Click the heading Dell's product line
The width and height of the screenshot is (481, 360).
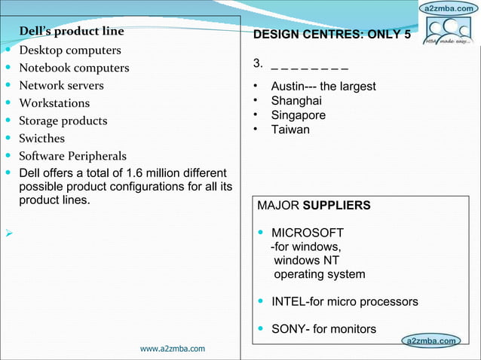tap(72, 32)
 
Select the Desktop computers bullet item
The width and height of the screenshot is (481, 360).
tap(69, 50)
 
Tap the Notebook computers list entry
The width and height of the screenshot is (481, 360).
tap(74, 68)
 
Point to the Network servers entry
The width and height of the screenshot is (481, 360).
tap(61, 85)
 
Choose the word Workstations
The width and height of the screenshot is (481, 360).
tap(54, 103)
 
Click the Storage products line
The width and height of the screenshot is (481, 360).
tap(63, 121)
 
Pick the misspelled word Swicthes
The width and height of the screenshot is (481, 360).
tap(41, 139)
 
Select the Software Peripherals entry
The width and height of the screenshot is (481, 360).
tap(72, 157)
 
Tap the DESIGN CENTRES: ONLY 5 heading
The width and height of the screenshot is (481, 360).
tap(332, 35)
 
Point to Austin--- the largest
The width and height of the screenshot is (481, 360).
tap(323, 87)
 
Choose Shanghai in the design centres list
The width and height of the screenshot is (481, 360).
tap(296, 101)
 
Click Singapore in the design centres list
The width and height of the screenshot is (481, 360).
tap(299, 115)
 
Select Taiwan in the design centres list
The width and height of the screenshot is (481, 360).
tap(290, 130)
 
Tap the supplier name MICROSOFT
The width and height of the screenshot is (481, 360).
tap(308, 232)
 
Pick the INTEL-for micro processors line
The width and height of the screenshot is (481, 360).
tap(345, 301)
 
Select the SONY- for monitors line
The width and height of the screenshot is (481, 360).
tap(323, 329)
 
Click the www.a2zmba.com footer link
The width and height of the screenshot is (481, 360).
tap(173, 349)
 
